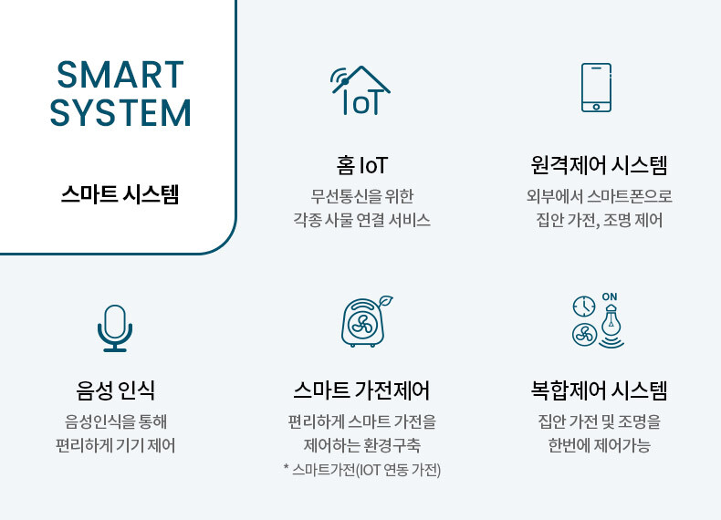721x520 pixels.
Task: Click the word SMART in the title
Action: click(x=120, y=75)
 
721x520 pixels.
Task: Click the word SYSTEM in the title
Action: click(x=120, y=112)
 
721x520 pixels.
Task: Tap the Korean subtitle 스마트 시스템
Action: click(x=120, y=194)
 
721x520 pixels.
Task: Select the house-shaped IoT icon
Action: click(x=360, y=90)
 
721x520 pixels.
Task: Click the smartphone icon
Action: click(x=596, y=88)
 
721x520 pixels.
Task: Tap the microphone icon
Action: click(x=115, y=328)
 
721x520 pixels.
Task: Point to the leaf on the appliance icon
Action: click(x=385, y=302)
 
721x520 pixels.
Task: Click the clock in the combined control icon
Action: click(x=584, y=307)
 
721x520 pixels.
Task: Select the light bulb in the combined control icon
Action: click(x=611, y=322)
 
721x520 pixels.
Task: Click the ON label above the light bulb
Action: click(x=610, y=297)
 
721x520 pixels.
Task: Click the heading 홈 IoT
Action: click(x=362, y=165)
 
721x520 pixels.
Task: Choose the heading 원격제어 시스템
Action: click(x=599, y=165)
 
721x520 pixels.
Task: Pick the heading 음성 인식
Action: click(x=115, y=390)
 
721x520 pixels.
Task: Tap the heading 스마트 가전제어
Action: click(x=361, y=390)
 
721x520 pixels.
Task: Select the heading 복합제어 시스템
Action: click(x=599, y=390)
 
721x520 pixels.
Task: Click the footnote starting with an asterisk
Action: click(x=362, y=470)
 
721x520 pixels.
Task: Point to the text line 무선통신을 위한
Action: click(x=362, y=196)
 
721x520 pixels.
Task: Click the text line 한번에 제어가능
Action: click(x=599, y=445)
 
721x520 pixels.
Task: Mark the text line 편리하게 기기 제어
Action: click(x=115, y=445)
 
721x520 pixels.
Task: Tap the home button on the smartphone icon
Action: click(x=596, y=107)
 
